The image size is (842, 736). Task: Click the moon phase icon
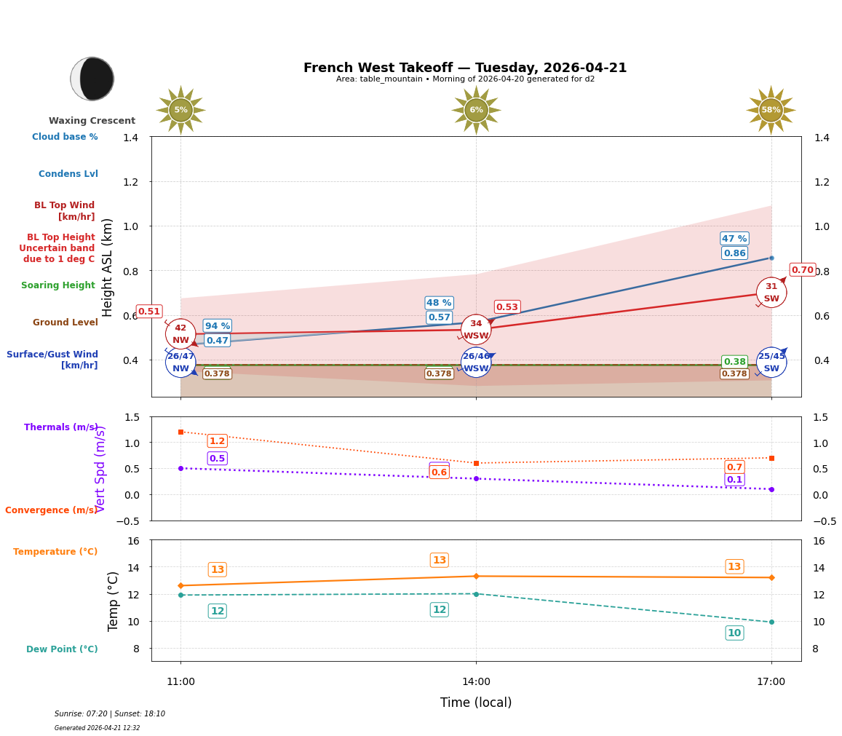point(92,79)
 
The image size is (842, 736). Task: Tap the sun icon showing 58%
point(771,110)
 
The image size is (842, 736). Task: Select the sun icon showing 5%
point(180,110)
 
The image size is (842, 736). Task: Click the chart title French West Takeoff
point(464,68)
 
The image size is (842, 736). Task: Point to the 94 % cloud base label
point(217,326)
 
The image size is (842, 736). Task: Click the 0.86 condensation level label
point(734,253)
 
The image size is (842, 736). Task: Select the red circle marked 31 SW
point(771,293)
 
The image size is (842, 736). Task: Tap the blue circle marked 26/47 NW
point(180,362)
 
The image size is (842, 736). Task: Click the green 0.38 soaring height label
point(734,362)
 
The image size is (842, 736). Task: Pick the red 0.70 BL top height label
point(802,270)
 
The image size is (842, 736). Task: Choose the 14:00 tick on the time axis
point(476,681)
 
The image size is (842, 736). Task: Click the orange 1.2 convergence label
point(217,441)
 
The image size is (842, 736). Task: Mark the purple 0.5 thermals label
point(217,459)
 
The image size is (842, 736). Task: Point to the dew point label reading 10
point(734,633)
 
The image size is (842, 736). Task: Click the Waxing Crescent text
point(92,121)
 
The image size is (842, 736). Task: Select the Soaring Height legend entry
point(58,285)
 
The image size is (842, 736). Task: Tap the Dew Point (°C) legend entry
point(62,649)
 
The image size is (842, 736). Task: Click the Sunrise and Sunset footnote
point(110,714)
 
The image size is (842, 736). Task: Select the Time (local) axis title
point(476,703)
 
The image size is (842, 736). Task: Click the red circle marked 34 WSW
point(476,330)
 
